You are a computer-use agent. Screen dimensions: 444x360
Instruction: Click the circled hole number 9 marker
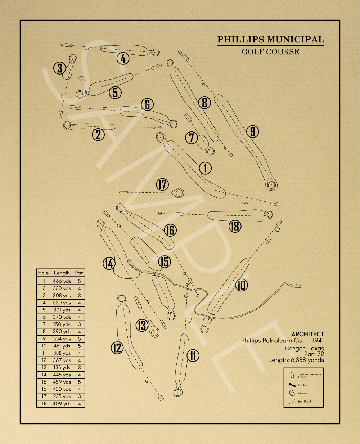253,132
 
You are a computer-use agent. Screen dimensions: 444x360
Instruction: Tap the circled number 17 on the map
162,185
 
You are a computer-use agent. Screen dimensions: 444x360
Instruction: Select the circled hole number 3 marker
59,68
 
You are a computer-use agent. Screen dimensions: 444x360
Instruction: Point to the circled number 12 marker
117,348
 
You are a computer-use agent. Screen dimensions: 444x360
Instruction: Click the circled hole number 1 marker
205,168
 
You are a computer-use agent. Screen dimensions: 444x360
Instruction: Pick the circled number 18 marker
235,226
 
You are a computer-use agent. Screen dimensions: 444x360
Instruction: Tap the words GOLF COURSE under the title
270,51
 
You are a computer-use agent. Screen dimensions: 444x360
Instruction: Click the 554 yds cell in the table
62,339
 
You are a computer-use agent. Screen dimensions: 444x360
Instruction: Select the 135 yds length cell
62,368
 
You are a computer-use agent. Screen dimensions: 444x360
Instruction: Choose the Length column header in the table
62,273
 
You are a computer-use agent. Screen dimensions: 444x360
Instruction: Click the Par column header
79,273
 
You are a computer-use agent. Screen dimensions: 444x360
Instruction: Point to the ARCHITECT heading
307,334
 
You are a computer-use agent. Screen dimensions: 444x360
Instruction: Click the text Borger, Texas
304,348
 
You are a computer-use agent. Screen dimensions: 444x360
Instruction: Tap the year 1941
318,341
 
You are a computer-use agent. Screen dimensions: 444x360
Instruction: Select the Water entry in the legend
302,393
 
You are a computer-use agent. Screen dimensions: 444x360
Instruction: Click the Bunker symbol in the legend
292,385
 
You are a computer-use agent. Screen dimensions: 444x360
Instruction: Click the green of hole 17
178,193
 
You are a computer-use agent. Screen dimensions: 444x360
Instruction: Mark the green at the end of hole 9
272,185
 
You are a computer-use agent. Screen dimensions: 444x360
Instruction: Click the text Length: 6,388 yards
296,360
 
